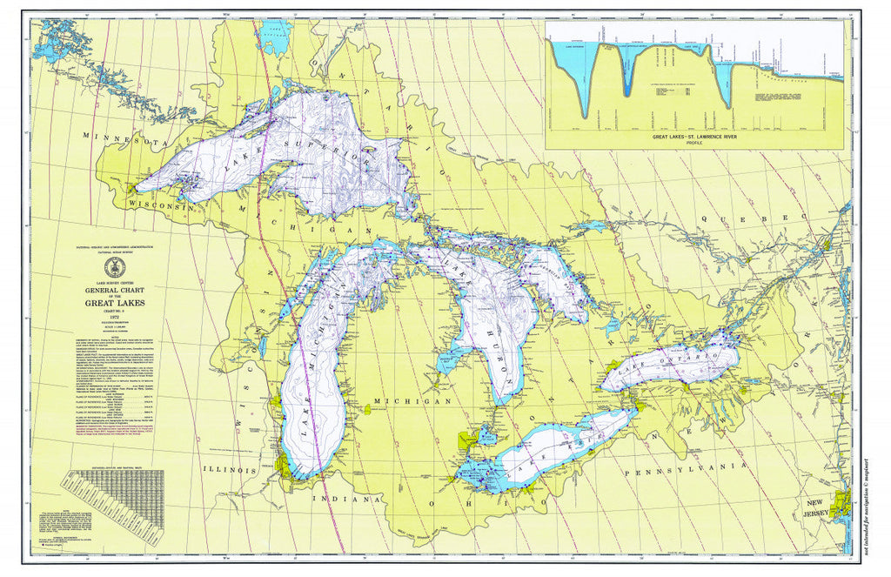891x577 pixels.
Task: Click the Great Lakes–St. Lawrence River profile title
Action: pyautogui.click(x=693, y=137)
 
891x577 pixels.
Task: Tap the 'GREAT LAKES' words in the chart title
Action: pyautogui.click(x=115, y=303)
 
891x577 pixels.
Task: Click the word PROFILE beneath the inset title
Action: pyautogui.click(x=693, y=144)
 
